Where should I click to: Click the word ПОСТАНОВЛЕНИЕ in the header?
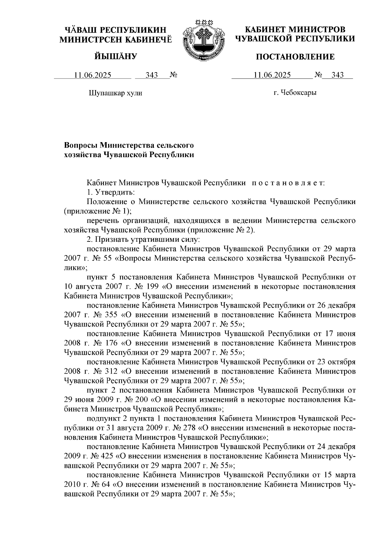[x=296, y=57]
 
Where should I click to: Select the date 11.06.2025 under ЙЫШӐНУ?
[x=93, y=75]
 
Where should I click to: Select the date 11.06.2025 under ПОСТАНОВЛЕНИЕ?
[x=272, y=75]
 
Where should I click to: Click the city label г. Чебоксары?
[x=295, y=93]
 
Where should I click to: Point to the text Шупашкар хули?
[x=115, y=93]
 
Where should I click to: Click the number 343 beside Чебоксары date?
[x=338, y=75]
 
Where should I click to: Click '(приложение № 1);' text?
[x=98, y=211]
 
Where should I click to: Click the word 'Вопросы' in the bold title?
[x=81, y=145]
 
